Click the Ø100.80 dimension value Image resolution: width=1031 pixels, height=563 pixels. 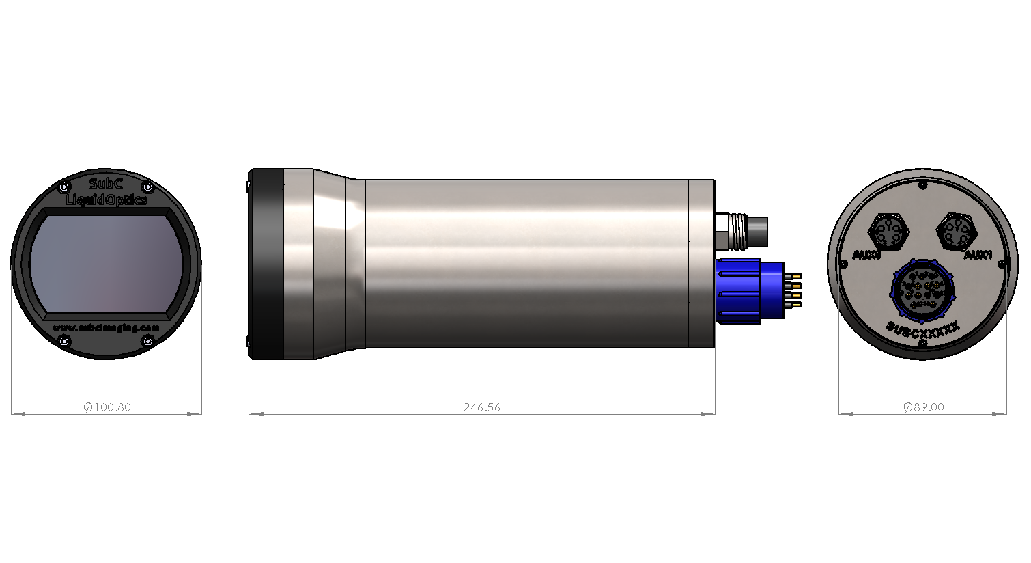tap(107, 407)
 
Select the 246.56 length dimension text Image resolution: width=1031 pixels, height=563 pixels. tap(481, 407)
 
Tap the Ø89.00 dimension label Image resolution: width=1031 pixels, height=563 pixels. tap(923, 407)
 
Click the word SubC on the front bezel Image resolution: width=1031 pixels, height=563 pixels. tap(106, 184)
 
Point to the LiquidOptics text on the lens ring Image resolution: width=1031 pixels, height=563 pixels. tap(106, 200)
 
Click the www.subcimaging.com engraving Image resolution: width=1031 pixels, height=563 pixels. tap(106, 327)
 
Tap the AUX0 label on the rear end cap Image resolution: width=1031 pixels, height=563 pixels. tap(867, 255)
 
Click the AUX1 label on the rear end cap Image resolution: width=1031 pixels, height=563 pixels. tap(978, 255)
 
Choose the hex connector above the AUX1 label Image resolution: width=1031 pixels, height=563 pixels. tap(956, 231)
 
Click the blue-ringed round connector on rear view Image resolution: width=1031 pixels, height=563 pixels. tap(922, 290)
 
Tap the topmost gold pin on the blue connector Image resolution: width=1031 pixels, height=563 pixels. tap(796, 275)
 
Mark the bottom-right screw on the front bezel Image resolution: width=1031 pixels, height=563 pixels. tap(147, 341)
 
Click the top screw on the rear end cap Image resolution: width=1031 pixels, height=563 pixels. tap(923, 185)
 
